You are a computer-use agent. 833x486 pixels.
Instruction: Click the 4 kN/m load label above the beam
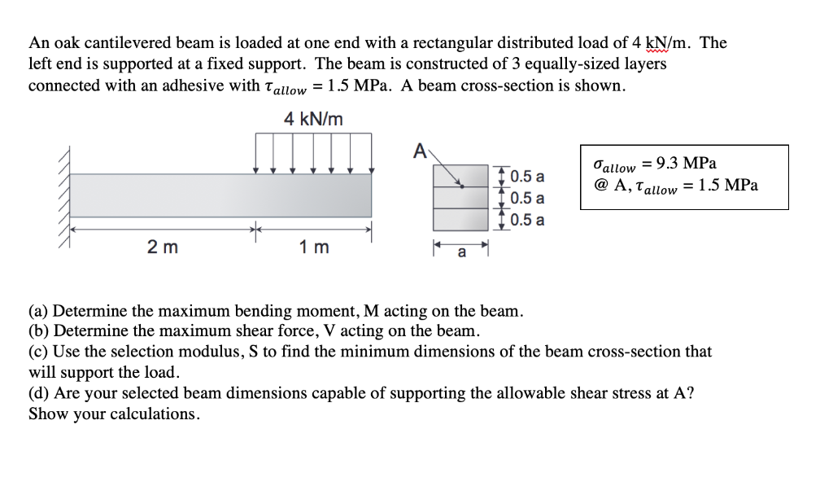(313, 120)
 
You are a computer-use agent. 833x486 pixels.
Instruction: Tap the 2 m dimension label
(158, 248)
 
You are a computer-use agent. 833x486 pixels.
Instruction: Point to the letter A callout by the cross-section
(419, 151)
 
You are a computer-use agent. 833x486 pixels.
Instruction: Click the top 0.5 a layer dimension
(528, 177)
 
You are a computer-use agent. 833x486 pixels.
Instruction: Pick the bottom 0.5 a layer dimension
(528, 220)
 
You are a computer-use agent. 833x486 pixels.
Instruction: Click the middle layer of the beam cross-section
(461, 198)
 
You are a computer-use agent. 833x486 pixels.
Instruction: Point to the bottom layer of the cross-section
(461, 219)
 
